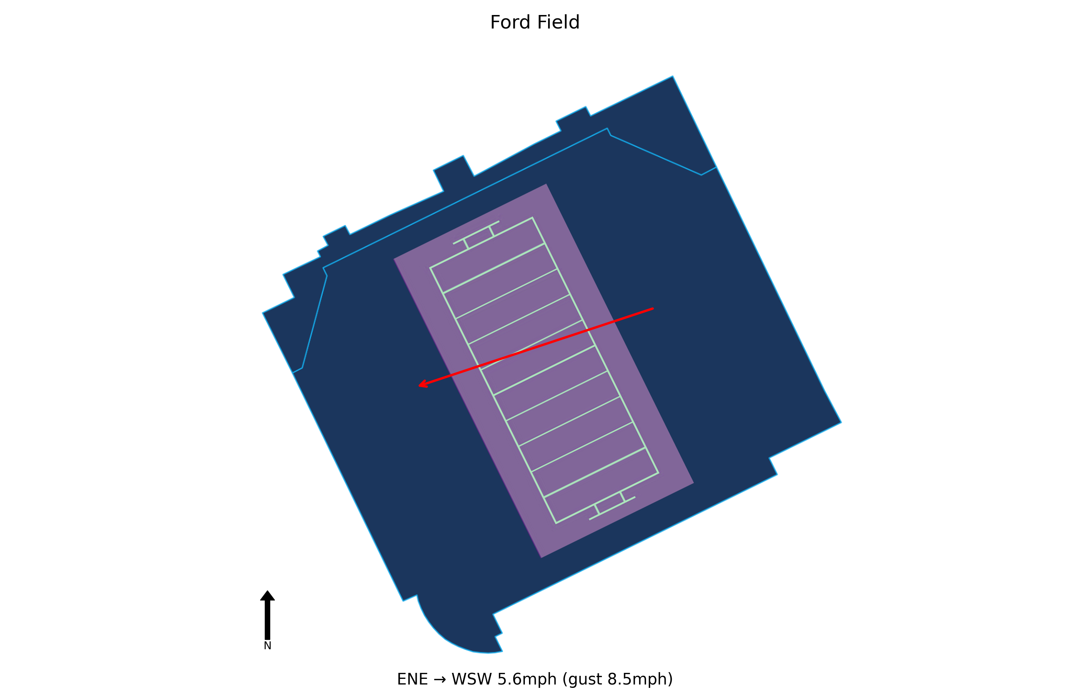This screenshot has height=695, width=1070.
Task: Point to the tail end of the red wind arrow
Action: tap(653, 309)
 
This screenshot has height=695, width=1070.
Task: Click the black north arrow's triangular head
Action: tap(267, 595)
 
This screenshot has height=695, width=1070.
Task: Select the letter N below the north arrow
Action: tap(267, 645)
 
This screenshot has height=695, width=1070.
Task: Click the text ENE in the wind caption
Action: tap(412, 679)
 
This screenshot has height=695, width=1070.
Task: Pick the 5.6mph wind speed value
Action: tap(527, 679)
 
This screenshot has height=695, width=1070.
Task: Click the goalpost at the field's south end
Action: tap(612, 508)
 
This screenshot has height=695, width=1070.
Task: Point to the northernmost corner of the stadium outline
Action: tap(672, 77)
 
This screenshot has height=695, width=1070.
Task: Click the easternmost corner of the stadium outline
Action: tap(841, 422)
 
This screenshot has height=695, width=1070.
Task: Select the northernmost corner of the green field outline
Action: tap(532, 218)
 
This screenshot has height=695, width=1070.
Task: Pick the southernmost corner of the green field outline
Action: tap(556, 523)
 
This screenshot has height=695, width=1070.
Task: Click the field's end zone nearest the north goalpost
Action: tap(487, 255)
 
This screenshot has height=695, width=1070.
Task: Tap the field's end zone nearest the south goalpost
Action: tap(601, 485)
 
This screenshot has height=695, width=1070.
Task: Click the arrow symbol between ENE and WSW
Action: tap(440, 679)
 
